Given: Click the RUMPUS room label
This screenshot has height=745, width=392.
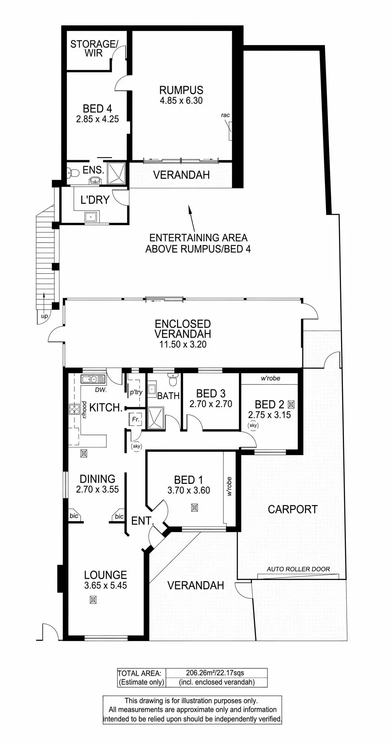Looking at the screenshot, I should tap(181, 90).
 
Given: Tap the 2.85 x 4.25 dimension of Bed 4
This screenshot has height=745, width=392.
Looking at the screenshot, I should tap(97, 119).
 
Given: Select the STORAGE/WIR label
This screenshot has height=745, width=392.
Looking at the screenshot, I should tap(94, 48).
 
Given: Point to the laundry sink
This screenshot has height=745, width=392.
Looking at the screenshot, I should tap(91, 216).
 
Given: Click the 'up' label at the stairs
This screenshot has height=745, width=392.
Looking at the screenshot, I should tap(44, 317).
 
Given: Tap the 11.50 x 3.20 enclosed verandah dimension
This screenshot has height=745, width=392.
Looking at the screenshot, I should tap(183, 345).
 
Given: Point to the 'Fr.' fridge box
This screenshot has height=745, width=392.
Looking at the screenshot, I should tap(135, 419).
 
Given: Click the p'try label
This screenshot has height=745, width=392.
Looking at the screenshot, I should tap(136, 392).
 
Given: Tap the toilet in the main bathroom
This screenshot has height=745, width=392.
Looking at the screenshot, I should tap(172, 380).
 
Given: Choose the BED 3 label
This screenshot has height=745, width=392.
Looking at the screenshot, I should tap(211, 393).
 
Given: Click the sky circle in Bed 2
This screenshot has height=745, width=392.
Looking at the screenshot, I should tap(253, 425).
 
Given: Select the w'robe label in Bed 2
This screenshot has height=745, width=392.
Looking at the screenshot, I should tap(271, 378).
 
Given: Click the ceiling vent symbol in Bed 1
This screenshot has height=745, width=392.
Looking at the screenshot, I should tap(194, 507).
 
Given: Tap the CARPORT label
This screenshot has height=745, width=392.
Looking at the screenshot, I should tap(293, 509).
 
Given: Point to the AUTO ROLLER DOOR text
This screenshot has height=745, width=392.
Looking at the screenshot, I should tap(298, 569).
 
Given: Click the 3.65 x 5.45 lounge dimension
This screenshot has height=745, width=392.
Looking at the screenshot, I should tap(105, 586).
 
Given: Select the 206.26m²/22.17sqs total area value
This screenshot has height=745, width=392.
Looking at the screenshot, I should tap(215, 673).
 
